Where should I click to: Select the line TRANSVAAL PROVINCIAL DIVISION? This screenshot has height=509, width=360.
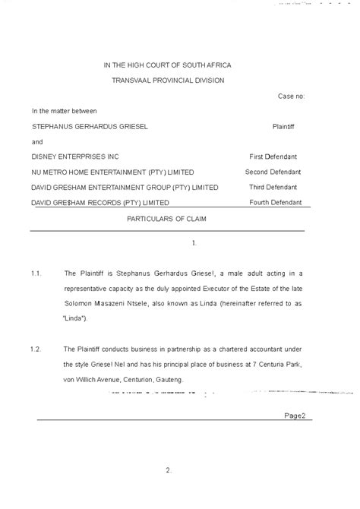(168, 81)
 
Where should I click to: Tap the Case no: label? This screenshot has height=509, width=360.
(291, 96)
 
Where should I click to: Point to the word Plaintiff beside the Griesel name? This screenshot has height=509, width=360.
(286, 126)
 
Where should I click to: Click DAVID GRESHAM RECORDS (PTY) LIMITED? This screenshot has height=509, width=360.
(99, 202)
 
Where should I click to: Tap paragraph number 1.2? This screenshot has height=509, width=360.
(36, 349)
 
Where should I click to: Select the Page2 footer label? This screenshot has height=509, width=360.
(294, 416)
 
